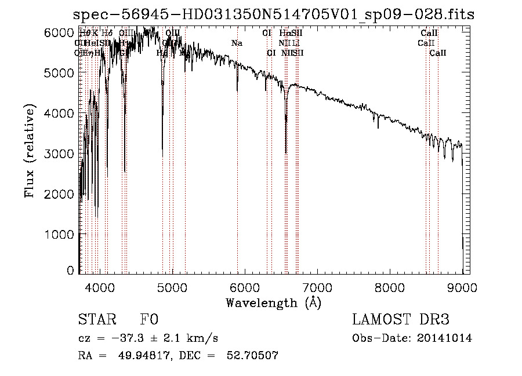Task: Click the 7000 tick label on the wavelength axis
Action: click(x=317, y=287)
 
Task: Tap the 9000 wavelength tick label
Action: click(x=462, y=287)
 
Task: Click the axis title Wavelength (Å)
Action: click(x=273, y=302)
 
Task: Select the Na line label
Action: click(x=237, y=43)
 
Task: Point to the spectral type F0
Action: click(x=149, y=320)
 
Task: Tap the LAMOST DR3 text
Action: click(x=401, y=320)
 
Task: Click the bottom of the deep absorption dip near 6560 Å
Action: click(x=285, y=153)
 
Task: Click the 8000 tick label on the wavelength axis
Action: click(x=389, y=287)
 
